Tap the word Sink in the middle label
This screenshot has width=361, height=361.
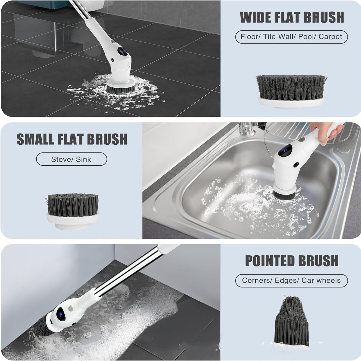coord(83,159)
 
